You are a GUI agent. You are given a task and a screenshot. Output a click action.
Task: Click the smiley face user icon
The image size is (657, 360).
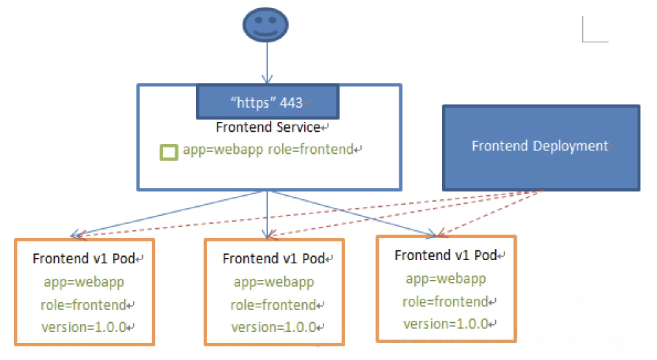point(265,25)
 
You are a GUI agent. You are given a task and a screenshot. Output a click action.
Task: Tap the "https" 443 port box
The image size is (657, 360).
point(268,102)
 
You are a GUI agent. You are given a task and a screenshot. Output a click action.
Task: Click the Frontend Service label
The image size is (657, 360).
point(268,127)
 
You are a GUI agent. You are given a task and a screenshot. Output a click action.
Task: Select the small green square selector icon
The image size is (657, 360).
point(168,152)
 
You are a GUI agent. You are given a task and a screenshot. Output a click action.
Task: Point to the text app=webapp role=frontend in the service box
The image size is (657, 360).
point(268,150)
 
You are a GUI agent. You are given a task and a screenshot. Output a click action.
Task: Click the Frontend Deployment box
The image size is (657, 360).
point(541,148)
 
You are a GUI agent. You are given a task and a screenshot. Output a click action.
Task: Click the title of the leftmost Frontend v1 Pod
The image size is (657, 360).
point(84,259)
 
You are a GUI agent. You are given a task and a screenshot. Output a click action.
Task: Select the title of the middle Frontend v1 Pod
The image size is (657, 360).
point(273,259)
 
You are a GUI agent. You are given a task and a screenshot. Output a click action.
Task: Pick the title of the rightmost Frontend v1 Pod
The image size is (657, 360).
point(446,255)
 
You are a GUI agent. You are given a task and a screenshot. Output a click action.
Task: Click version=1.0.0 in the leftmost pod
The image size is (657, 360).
point(84,327)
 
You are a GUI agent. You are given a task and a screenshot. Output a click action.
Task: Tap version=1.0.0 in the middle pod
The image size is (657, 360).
point(273,327)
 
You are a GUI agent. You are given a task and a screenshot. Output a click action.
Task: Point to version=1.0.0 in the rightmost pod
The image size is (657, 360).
point(446,324)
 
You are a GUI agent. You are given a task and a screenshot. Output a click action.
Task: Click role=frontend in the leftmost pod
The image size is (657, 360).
point(83,305)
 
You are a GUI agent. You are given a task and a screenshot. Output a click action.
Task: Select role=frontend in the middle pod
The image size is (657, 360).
point(273,305)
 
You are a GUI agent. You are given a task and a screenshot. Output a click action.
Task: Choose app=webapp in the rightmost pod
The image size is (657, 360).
point(446,279)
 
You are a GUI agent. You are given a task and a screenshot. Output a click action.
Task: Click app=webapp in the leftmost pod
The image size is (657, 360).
point(84,282)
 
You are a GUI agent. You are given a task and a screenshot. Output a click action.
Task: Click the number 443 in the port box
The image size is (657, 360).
point(291,103)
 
